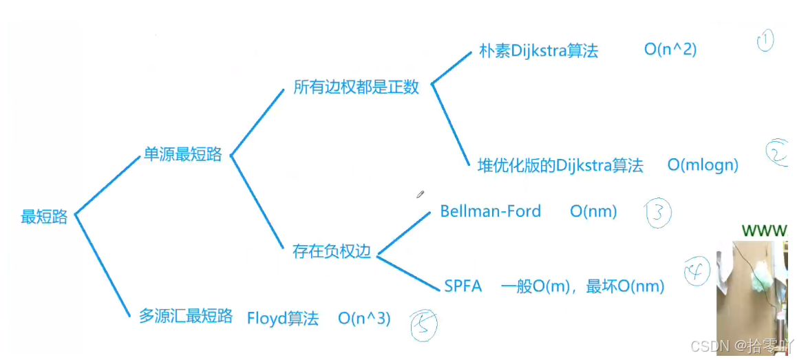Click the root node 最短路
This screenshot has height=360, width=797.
pos(44,217)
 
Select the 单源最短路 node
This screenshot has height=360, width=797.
pos(182,154)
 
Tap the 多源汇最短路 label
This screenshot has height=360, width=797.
pos(186,316)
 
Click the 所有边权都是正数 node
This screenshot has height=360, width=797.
pos(356,87)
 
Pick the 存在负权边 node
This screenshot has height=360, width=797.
pos(332,251)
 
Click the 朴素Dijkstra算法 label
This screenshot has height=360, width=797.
pos(538,51)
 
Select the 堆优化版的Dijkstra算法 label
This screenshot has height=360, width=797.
pos(560,165)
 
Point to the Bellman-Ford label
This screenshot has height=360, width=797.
pos(490,211)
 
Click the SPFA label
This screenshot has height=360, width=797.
pos(463,286)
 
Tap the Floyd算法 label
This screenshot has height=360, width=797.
pos(283,319)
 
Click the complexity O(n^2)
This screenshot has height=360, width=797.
pos(670,50)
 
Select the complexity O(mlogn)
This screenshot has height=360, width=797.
pos(702,165)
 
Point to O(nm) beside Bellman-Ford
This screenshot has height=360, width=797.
pos(593,211)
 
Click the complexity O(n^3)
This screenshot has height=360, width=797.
pos(364,319)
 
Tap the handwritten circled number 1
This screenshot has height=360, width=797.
pos(765,41)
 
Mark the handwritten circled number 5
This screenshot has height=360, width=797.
pos(423,325)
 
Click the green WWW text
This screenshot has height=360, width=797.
pos(764,231)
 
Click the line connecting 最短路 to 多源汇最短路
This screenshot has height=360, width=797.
pos(102,265)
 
